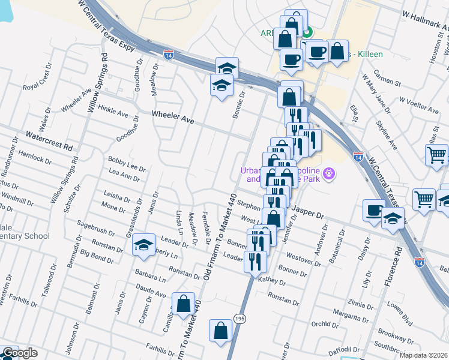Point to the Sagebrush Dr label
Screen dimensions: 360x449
pyautogui.click(x=99, y=230)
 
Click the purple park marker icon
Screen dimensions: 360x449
pyautogui.click(x=328, y=175)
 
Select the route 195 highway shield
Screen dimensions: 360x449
pyautogui.click(x=240, y=317)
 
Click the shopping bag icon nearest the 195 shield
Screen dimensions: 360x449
pyautogui.click(x=221, y=330)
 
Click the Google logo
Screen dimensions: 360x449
pyautogui.click(x=19, y=353)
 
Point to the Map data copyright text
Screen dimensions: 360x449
pyautogui.click(x=423, y=355)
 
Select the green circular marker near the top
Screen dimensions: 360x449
pyautogui.click(x=307, y=34)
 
